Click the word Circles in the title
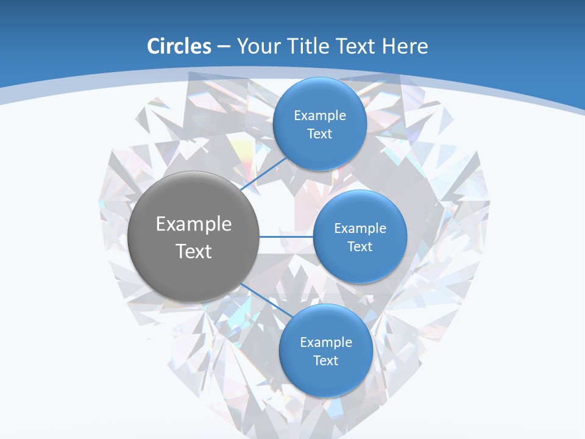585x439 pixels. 179,46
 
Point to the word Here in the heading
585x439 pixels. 405,46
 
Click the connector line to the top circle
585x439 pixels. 263,174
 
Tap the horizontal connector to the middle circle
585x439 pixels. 286,237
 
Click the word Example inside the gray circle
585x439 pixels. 194,224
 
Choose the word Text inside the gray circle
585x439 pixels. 194,251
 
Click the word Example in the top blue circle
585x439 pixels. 320,116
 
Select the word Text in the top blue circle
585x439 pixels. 320,134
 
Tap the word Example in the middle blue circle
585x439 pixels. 360,229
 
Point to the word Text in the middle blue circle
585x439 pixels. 360,246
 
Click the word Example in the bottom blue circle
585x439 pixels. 326,343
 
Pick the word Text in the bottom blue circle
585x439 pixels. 326,360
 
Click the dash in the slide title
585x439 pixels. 224,46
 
